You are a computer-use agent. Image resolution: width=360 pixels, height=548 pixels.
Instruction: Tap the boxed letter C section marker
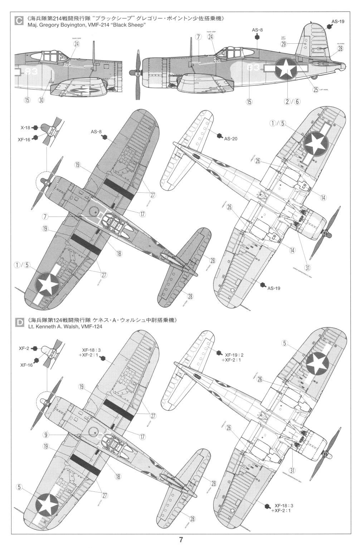(18, 21)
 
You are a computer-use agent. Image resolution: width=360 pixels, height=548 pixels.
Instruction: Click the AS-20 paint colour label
(231, 139)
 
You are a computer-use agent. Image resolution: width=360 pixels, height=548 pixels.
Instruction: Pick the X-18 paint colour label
(25, 127)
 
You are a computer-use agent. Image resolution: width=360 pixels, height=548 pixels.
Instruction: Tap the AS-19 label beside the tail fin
(337, 21)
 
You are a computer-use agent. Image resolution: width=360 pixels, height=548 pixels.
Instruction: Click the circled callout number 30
(41, 101)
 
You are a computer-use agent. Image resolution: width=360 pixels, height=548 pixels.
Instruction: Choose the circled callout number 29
(283, 44)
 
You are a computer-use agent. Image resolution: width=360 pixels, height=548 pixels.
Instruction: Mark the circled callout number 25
(315, 90)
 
